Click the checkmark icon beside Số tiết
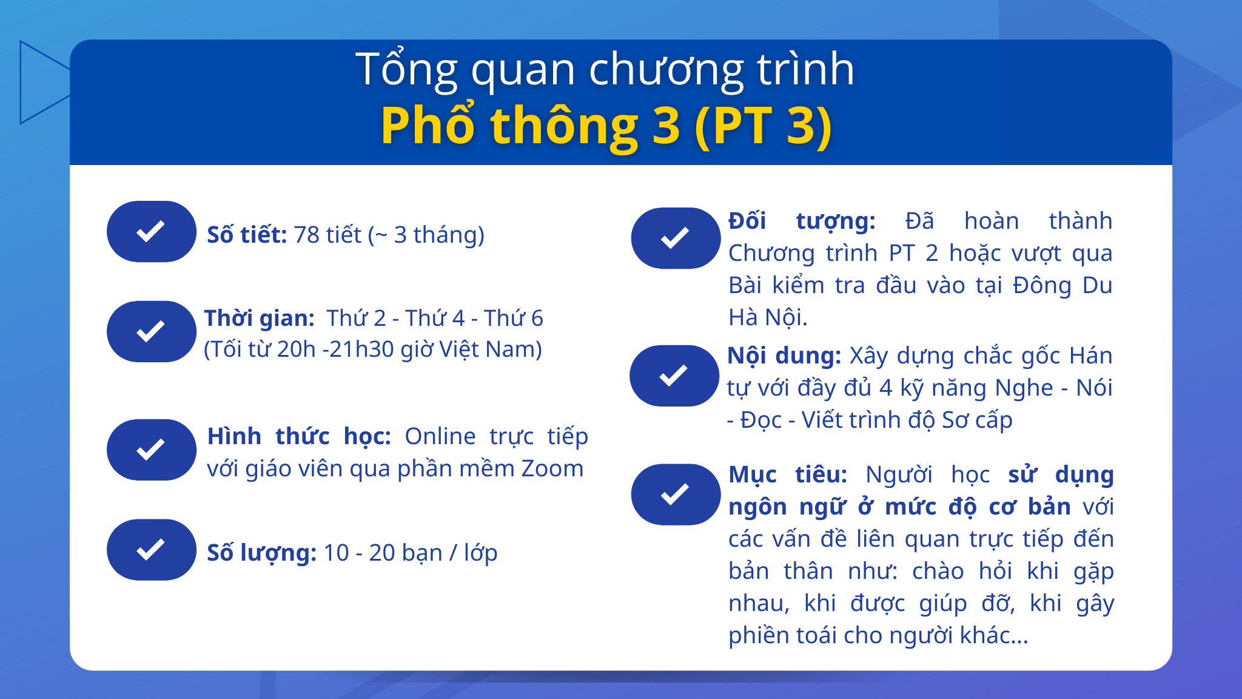coord(151,231)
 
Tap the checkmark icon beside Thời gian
coord(151,331)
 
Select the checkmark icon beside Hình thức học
coord(151,450)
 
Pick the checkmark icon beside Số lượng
coord(151,550)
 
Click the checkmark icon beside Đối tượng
coord(675,238)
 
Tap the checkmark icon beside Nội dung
coord(674,376)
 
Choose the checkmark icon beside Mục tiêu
coord(675,494)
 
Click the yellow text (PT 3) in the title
coord(764,126)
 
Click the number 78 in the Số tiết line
coord(306,235)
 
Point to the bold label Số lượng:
coord(261,553)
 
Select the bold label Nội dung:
coord(784,356)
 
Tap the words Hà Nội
coord(767,317)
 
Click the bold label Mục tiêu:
coord(787,474)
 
